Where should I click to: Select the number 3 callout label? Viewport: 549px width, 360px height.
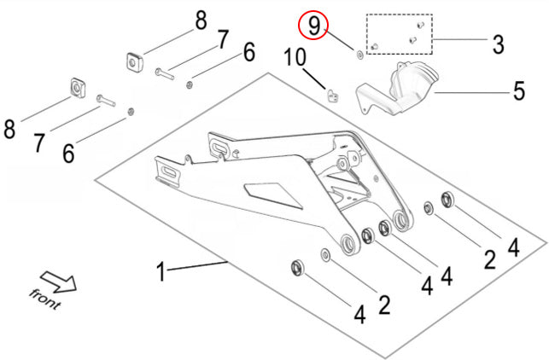point(496,42)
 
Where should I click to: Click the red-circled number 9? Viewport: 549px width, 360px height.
point(314,26)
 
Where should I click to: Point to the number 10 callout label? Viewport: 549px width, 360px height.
point(295,59)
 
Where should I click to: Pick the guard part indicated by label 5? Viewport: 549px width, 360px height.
point(393,90)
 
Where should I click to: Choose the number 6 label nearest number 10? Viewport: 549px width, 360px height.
point(248,53)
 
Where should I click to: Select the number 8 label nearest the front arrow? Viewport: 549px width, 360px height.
point(10,130)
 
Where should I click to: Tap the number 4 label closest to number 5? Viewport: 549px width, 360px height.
point(513,247)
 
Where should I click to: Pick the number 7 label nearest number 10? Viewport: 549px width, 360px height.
point(222,39)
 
